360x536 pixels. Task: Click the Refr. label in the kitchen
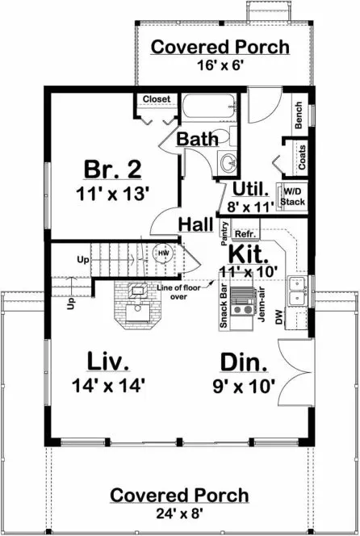244,234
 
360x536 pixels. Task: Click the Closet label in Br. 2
157,99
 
